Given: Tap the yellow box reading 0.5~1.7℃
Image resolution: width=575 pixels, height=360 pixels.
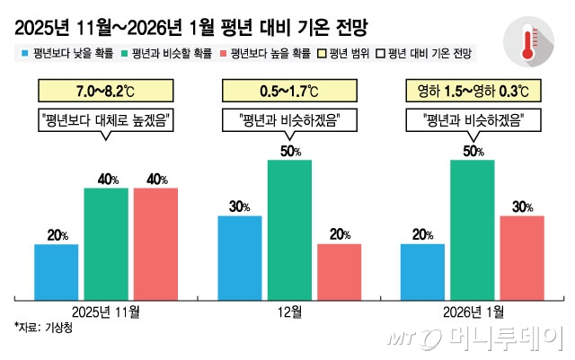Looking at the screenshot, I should pyautogui.click(x=289, y=91).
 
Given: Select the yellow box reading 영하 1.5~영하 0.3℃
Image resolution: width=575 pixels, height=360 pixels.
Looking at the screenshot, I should pyautogui.click(x=473, y=91).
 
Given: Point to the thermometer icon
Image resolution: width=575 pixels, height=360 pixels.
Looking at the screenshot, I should pyautogui.click(x=530, y=41).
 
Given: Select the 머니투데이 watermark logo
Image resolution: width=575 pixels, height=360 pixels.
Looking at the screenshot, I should pyautogui.click(x=476, y=339).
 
